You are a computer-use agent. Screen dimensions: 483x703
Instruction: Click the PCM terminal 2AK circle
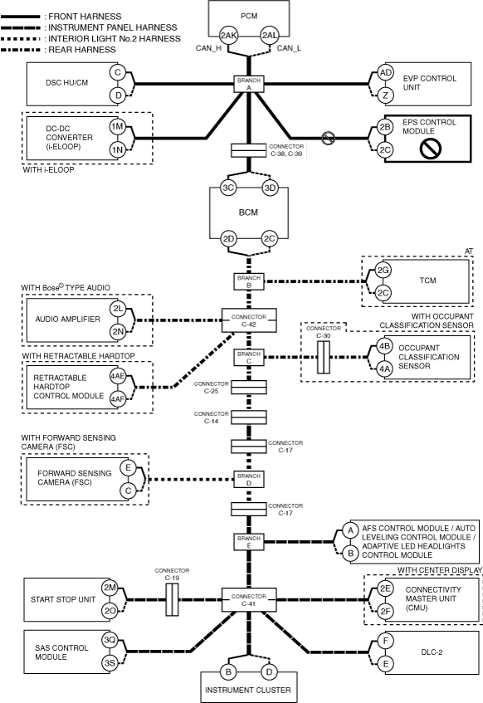(228, 36)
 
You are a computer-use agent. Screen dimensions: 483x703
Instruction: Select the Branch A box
(249, 84)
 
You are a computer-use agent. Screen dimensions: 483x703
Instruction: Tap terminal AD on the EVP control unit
(385, 73)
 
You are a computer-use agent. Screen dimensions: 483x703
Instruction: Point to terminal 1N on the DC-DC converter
(117, 149)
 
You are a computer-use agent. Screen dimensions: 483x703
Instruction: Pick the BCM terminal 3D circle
(270, 188)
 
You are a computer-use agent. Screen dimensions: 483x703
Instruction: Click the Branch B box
(249, 281)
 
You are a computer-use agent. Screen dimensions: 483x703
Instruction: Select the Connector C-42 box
(249, 320)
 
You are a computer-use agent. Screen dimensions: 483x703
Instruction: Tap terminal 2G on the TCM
(383, 270)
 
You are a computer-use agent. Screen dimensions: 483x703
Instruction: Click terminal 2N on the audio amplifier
(118, 331)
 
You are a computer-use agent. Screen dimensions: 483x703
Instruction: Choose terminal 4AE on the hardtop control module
(118, 376)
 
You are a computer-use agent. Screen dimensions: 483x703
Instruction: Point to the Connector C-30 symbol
(324, 357)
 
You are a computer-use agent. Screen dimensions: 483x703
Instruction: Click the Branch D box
(249, 480)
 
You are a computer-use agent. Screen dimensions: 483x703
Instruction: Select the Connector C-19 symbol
(172, 599)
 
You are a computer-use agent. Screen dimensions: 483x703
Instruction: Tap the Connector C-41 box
(249, 600)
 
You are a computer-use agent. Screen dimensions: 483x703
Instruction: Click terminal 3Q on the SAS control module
(110, 640)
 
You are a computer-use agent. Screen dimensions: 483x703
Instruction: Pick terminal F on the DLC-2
(386, 641)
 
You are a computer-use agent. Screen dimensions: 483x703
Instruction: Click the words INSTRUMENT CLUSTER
(248, 690)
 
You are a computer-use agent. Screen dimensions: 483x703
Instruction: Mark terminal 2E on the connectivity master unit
(385, 588)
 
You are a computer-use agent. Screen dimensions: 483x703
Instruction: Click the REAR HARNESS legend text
(82, 50)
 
